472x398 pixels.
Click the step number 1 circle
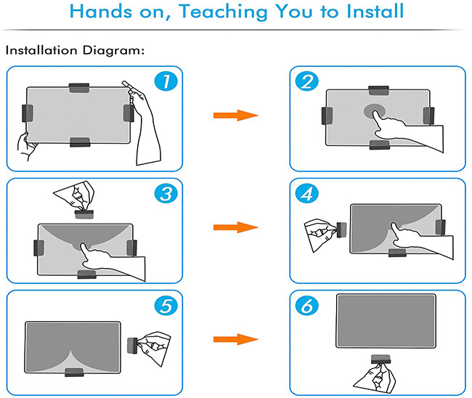click(x=166, y=81)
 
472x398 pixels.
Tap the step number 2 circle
click(x=306, y=81)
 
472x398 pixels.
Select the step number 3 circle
click(x=166, y=193)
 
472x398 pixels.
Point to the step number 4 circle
click(x=306, y=194)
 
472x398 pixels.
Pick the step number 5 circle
click(x=166, y=306)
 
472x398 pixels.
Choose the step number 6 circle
click(x=306, y=306)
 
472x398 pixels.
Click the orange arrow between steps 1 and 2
click(x=236, y=115)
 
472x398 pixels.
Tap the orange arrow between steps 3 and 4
click(x=236, y=227)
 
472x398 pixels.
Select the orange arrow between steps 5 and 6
click(x=236, y=339)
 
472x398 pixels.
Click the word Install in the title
click(x=375, y=12)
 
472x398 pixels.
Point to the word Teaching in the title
click(x=223, y=12)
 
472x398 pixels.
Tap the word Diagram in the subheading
click(x=112, y=50)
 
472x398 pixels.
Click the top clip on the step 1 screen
click(x=79, y=88)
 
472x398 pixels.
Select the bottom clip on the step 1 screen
click(x=80, y=142)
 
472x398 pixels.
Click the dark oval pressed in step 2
click(x=375, y=111)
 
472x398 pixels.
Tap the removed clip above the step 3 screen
click(x=84, y=214)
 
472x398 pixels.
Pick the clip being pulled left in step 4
click(x=342, y=230)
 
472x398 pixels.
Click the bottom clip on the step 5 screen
click(x=74, y=372)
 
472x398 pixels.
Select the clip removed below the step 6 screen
click(x=381, y=360)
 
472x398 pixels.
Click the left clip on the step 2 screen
click(x=327, y=115)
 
